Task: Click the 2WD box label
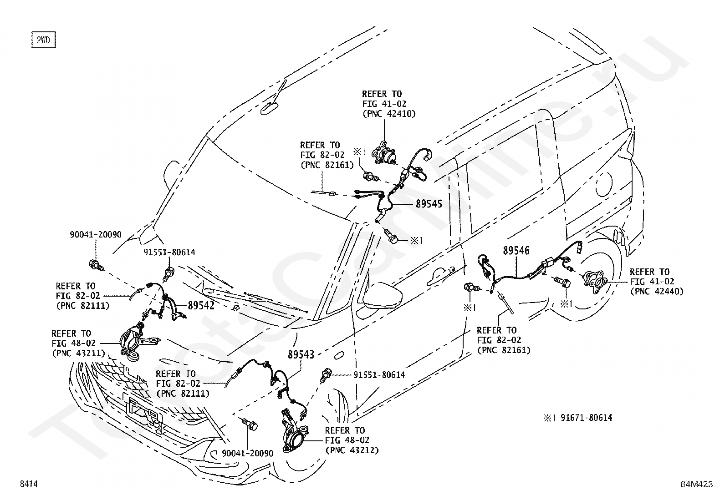pos(43,40)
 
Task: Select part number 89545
pos(429,204)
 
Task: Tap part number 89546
pos(516,250)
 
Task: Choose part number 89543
pos(301,354)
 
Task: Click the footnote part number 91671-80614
pos(586,418)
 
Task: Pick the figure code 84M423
pos(696,484)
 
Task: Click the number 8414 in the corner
pos(29,484)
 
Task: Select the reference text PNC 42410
pos(389,114)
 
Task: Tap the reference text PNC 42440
pos(657,291)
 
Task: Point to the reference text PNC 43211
pos(79,353)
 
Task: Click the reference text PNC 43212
pos(352,450)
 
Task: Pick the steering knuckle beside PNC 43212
pos(295,431)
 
